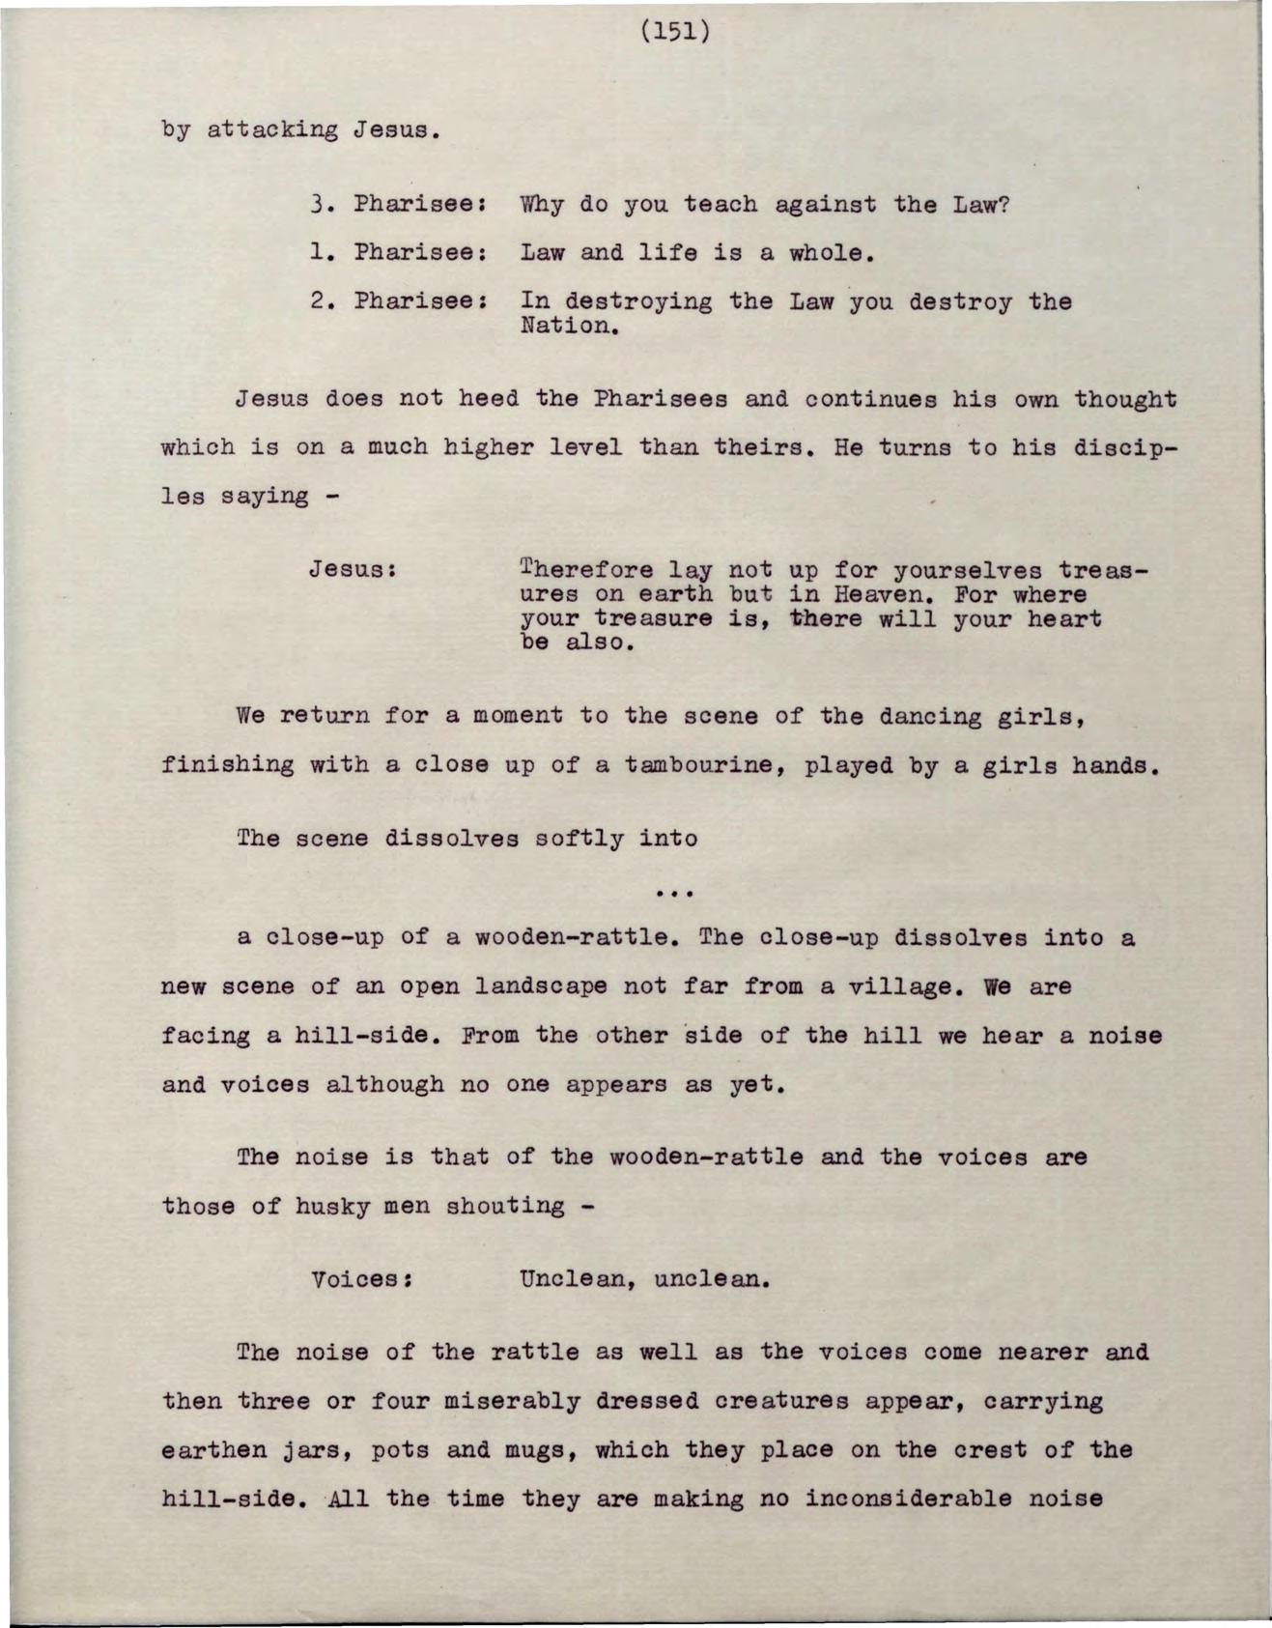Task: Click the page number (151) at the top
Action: (675, 32)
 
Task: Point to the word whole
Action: (832, 253)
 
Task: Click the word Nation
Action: (568, 326)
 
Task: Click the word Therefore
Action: (585, 570)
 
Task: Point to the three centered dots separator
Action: (675, 893)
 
